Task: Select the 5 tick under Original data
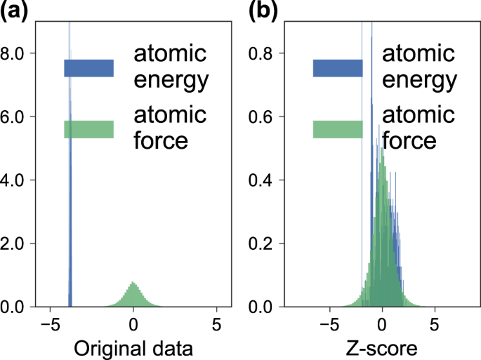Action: click(217, 325)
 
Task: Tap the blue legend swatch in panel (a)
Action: click(88, 68)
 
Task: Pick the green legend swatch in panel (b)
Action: click(338, 130)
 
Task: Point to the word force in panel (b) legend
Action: click(409, 140)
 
